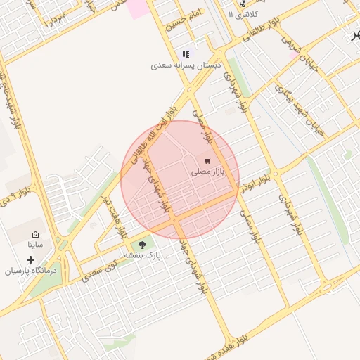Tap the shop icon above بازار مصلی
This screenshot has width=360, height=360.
(x=207, y=161)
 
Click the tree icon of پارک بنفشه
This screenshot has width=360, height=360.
(x=143, y=245)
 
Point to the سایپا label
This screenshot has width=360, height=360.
(x=35, y=245)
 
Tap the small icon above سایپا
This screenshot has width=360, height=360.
(x=35, y=235)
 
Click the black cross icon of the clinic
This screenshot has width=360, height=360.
(x=30, y=259)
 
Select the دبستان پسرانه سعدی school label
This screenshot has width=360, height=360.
(x=186, y=65)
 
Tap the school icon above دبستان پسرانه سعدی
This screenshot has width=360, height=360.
(x=186, y=54)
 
